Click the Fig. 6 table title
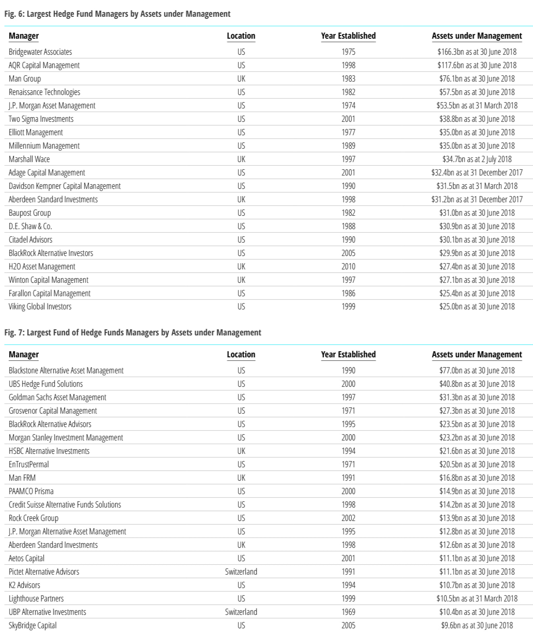coord(117,14)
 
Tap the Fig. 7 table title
coord(132,333)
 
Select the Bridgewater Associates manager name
coord(40,52)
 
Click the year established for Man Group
coord(348,79)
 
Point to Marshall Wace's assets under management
coord(477,159)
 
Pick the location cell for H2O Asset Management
coord(241,267)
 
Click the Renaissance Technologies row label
coord(44,92)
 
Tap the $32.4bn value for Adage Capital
coord(477,173)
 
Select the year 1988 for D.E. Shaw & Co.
coord(348,226)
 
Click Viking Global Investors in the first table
coord(40,307)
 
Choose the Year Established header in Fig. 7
coord(348,354)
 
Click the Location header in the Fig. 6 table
coord(241,36)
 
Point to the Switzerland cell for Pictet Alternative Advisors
coord(241,571)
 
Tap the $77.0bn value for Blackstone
coord(477,371)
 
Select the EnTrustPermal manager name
coord(29,464)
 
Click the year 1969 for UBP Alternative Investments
coord(348,612)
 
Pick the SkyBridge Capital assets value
coord(477,625)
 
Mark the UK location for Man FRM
coord(241,478)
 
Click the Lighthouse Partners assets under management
coord(477,598)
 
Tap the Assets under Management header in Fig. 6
coord(477,36)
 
